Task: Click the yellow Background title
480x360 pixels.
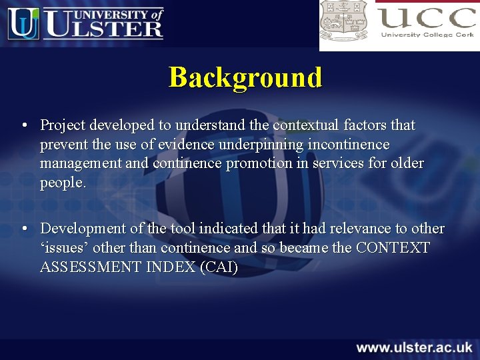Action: [x=245, y=77]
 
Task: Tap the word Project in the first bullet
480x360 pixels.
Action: [x=63, y=125]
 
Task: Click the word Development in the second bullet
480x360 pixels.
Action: [x=83, y=229]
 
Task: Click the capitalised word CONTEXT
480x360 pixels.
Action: [x=393, y=248]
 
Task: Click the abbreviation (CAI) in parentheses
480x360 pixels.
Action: [x=219, y=267]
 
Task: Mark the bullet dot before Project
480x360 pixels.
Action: [x=24, y=125]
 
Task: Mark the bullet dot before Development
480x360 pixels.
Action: [x=24, y=229]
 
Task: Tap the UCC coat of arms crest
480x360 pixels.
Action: [x=343, y=20]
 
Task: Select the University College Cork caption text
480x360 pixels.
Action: [x=427, y=35]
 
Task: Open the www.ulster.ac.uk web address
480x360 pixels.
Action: [x=414, y=347]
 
